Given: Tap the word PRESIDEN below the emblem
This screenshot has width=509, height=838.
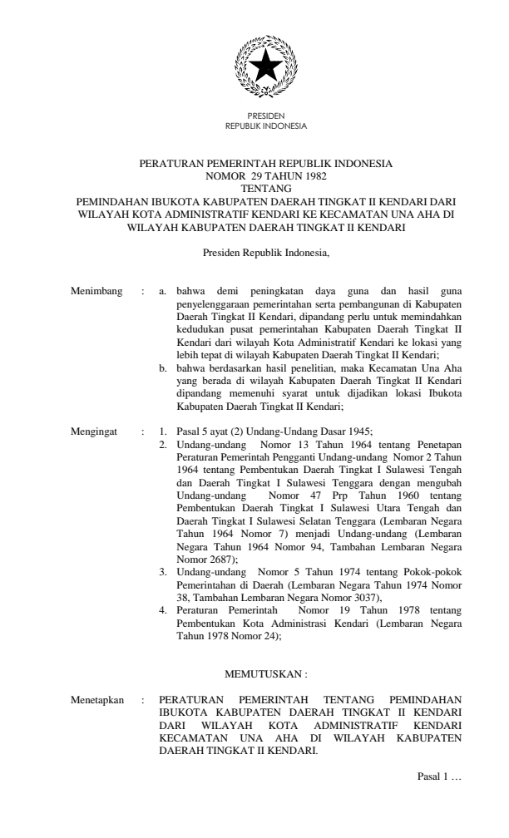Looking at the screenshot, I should click(266, 118).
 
